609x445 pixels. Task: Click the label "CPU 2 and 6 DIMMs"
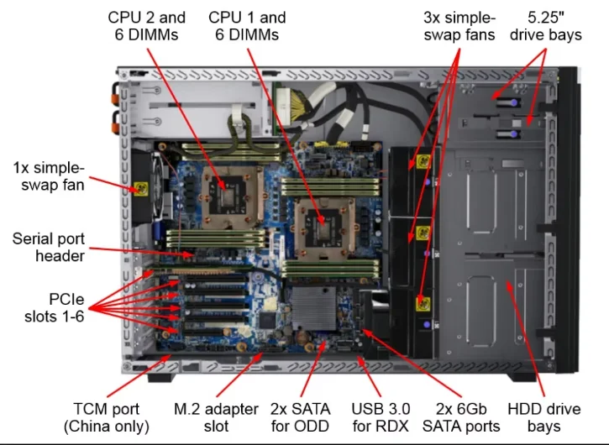tap(147, 25)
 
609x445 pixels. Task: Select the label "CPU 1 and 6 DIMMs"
tap(247, 25)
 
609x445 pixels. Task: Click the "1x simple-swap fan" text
tap(49, 174)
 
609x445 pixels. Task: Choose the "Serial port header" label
tap(49, 247)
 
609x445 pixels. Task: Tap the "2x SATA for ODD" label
tap(300, 417)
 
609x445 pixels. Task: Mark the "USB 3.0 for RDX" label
tap(381, 417)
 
